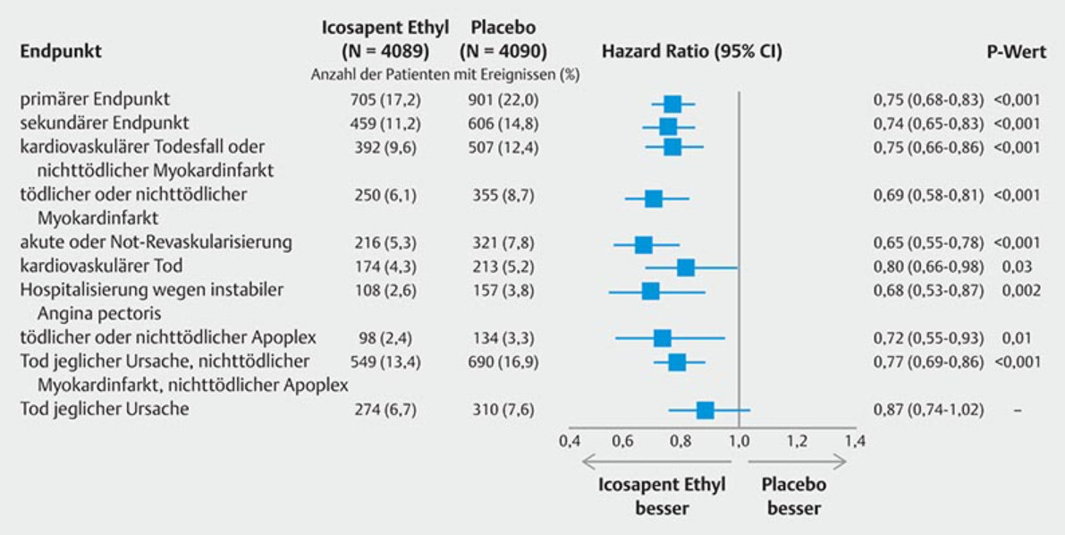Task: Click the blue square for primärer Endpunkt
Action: (x=672, y=103)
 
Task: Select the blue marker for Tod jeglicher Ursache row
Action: (x=705, y=410)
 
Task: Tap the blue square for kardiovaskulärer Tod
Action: (x=685, y=267)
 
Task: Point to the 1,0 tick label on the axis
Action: (x=739, y=440)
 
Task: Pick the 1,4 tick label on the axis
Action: (x=855, y=440)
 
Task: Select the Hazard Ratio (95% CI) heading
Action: (x=691, y=52)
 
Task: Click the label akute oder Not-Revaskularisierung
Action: (x=156, y=242)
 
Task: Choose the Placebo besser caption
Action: (x=793, y=497)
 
